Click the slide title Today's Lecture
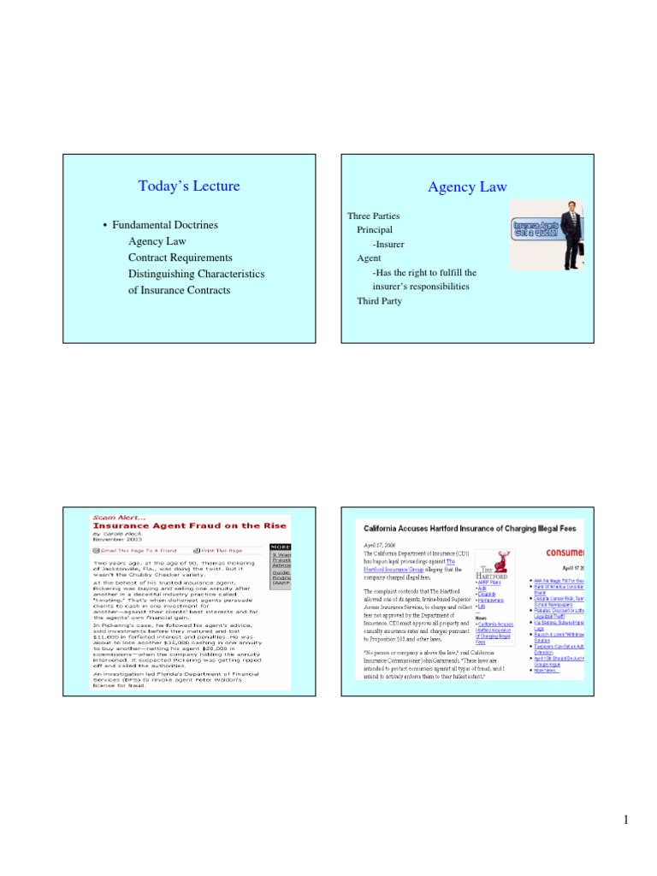188,186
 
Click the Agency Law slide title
466,186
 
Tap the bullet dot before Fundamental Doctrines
104,226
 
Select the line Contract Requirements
180,257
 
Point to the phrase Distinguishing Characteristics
196,274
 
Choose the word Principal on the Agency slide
375,230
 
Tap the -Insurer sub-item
389,245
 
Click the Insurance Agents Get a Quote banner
536,229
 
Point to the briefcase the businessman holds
580,249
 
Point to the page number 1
626,821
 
